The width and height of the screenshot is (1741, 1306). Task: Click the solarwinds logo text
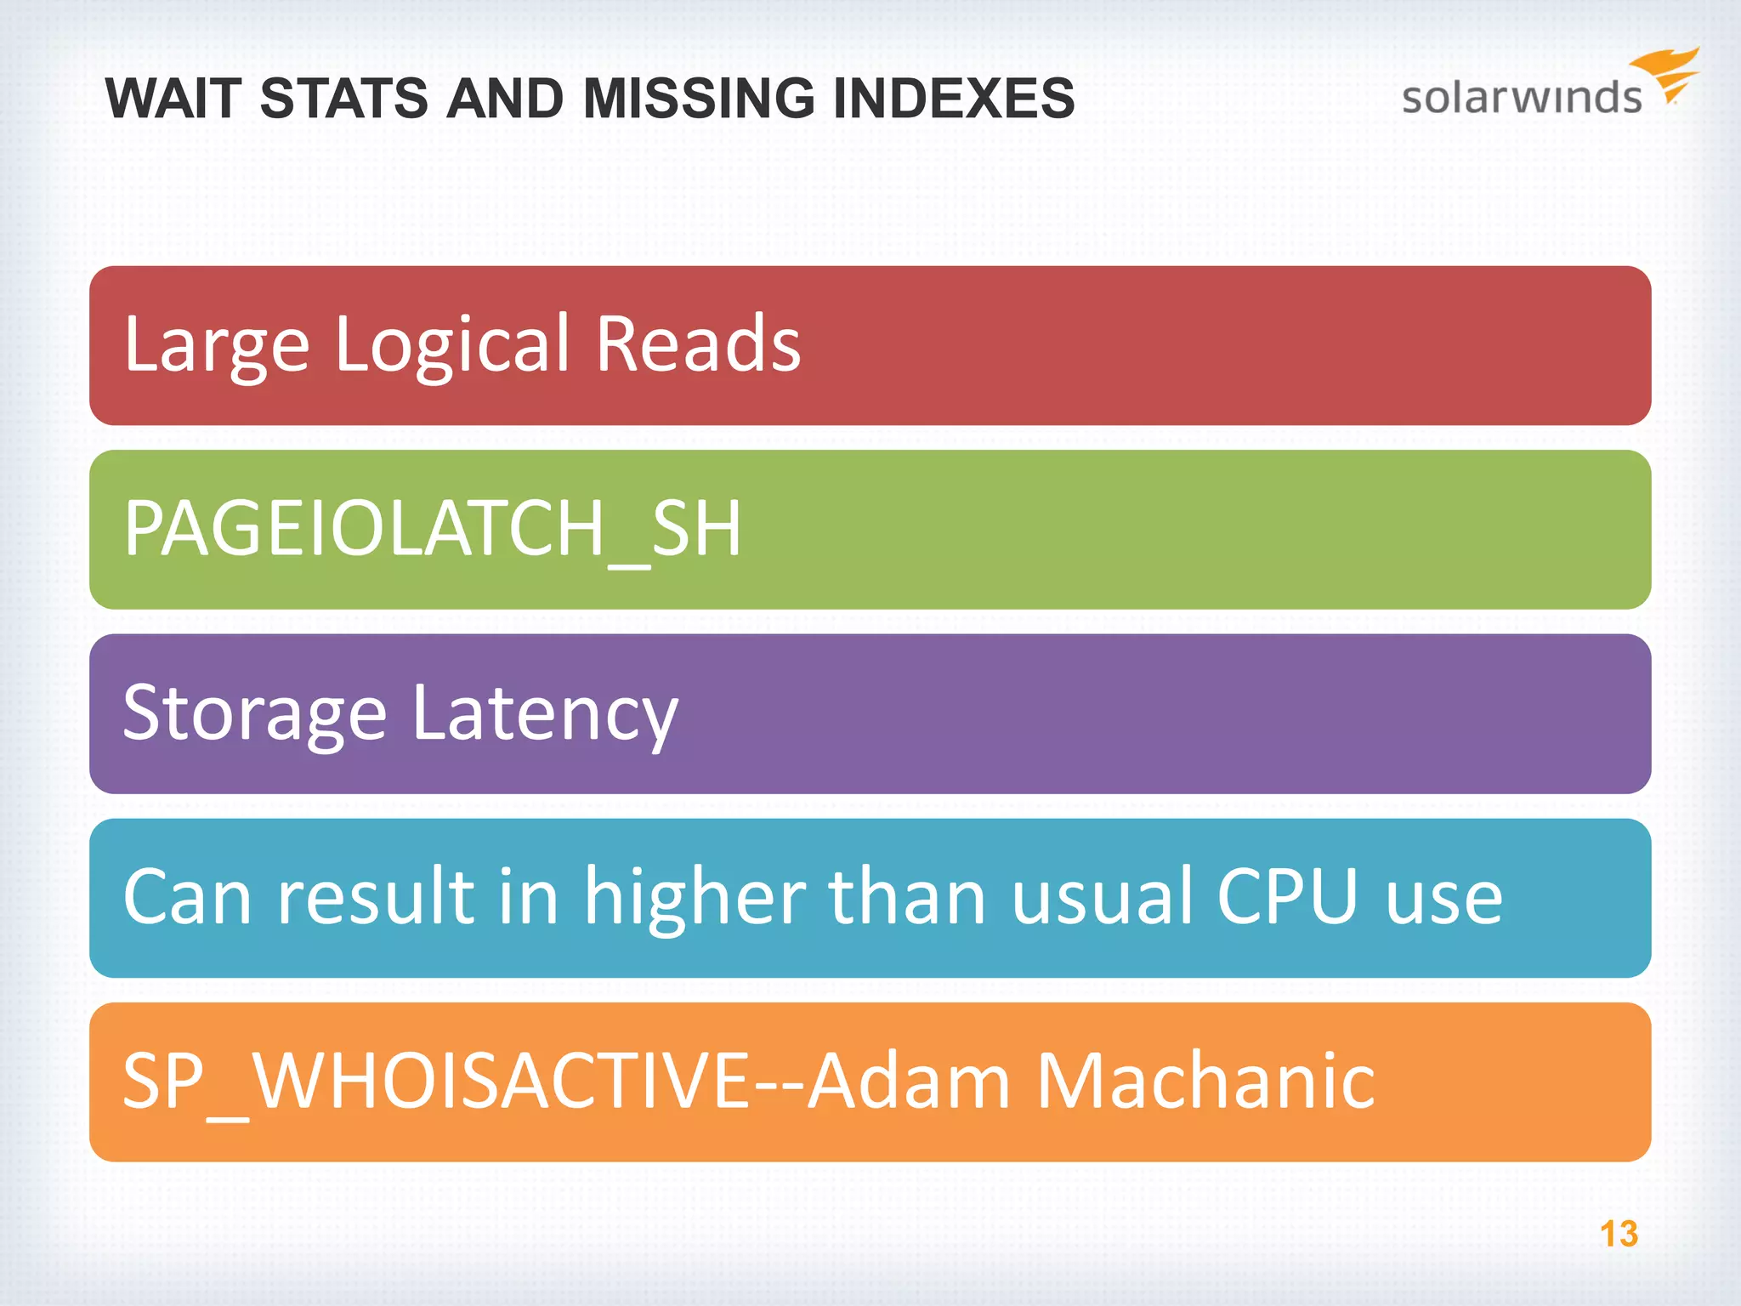point(1521,97)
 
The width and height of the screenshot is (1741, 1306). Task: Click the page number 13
point(1619,1234)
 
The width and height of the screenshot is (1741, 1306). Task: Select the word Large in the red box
point(217,346)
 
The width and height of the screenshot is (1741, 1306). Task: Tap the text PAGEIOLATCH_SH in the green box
point(433,529)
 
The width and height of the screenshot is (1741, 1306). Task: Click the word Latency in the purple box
point(545,714)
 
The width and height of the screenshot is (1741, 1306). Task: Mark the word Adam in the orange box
point(908,1081)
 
